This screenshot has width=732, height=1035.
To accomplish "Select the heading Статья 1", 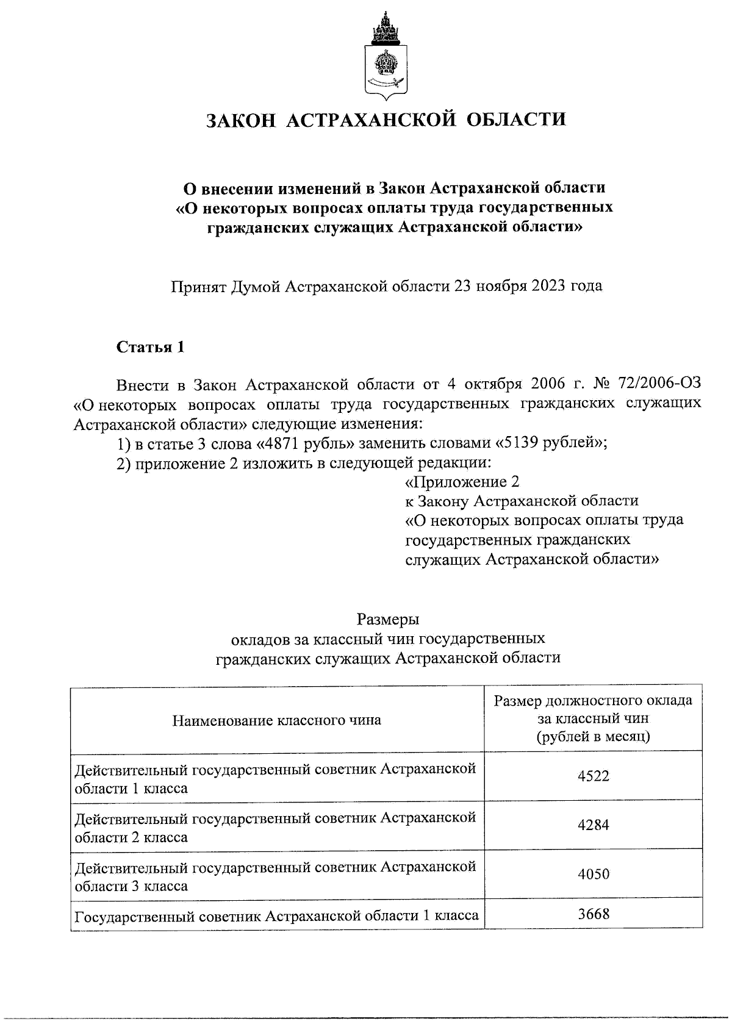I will [150, 348].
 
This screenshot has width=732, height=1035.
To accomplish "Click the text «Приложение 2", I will [462, 482].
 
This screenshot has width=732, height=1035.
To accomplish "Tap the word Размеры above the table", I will [388, 619].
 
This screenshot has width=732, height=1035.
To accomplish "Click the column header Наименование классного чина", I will [277, 720].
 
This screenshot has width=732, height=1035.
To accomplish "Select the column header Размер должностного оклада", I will [593, 700].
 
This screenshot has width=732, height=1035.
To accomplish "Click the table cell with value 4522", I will [593, 776].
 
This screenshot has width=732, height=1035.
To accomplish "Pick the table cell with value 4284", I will [593, 825].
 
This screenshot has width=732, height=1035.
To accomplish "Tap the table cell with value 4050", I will [593, 874].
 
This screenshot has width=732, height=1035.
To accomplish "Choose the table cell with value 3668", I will [593, 914].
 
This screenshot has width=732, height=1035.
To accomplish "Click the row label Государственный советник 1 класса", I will [276, 916].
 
